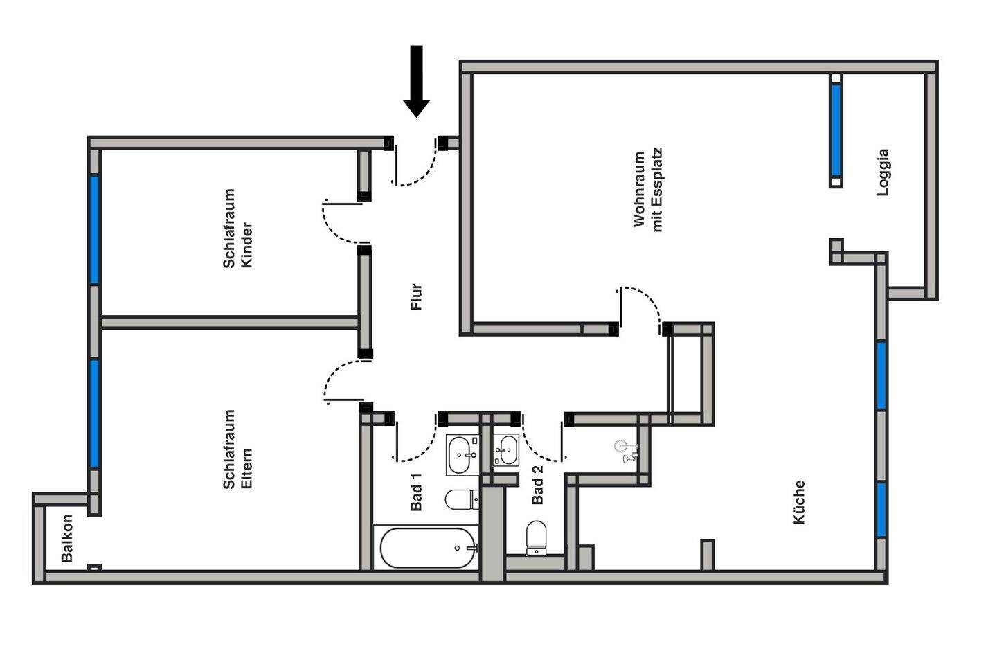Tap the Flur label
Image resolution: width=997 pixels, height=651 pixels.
point(417,296)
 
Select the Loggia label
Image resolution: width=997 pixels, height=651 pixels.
point(883,172)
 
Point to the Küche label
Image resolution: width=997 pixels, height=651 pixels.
point(800,502)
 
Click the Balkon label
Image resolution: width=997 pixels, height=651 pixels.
point(66,538)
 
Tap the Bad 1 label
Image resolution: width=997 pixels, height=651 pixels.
point(416,491)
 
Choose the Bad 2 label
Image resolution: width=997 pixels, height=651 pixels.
point(538,485)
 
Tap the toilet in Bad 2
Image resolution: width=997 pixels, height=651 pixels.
point(536,538)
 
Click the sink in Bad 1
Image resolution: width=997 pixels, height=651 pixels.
point(463,454)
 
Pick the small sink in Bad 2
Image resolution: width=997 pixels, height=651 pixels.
point(507,450)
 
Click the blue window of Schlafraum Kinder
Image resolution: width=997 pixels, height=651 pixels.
point(94,230)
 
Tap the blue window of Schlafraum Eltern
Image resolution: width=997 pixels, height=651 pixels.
point(94,414)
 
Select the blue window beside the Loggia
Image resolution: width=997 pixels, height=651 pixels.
point(836,130)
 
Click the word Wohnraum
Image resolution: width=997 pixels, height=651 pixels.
point(638,190)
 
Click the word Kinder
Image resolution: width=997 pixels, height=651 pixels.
point(246,245)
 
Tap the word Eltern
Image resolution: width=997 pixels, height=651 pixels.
point(246,468)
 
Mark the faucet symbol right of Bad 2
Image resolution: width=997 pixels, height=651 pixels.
point(626,452)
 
